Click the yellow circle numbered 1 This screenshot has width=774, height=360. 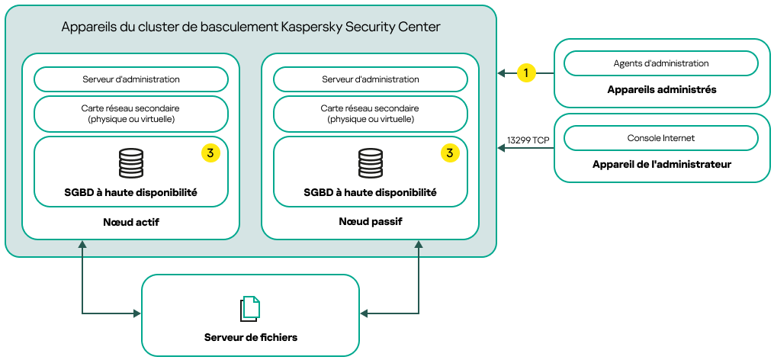coord(525,73)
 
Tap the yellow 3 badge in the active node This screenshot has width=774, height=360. coord(210,153)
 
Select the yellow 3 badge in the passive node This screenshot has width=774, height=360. coord(450,153)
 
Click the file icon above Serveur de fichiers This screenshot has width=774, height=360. coord(250,308)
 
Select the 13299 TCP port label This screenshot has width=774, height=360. coord(528,140)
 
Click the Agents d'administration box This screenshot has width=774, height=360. coord(660,63)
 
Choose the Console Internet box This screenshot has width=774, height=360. coord(660,138)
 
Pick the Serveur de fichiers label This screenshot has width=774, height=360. coord(250,337)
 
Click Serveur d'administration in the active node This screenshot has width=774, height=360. coord(131,79)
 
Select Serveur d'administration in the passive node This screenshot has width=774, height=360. coord(371,79)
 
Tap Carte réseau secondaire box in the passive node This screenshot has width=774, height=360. coord(371,114)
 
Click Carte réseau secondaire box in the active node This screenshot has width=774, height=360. coord(131,114)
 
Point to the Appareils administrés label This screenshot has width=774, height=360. coord(661,89)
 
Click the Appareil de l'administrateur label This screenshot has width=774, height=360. coord(661,164)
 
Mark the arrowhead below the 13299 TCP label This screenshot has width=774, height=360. coord(502,149)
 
